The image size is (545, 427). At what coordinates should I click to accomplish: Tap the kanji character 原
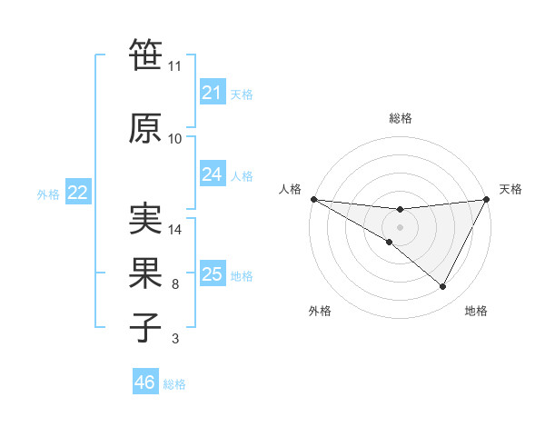pyautogui.click(x=145, y=128)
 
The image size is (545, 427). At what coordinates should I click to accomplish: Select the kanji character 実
pyautogui.click(x=145, y=221)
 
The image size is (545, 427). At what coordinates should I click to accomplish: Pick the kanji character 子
pyautogui.click(x=145, y=327)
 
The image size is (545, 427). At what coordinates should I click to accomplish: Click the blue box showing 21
pyautogui.click(x=212, y=93)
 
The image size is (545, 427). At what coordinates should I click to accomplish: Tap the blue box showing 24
pyautogui.click(x=212, y=174)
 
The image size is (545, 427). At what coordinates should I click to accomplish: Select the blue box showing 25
pyautogui.click(x=212, y=274)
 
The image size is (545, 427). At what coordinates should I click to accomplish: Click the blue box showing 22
pyautogui.click(x=77, y=193)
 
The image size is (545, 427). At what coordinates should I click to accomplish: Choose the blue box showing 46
pyautogui.click(x=145, y=382)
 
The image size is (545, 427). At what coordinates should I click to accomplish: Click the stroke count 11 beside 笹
pyautogui.click(x=174, y=66)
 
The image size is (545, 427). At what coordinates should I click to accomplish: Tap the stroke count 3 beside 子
pyautogui.click(x=174, y=339)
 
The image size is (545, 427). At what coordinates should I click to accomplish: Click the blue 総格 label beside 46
pyautogui.click(x=174, y=383)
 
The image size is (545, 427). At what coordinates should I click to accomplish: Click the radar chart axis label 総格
pyautogui.click(x=400, y=118)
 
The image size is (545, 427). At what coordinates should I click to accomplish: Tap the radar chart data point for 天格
pyautogui.click(x=487, y=200)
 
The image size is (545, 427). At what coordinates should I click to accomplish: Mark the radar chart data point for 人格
pyautogui.click(x=312, y=199)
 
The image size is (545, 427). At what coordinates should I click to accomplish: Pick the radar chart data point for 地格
pyautogui.click(x=443, y=287)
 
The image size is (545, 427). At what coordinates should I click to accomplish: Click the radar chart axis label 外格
pyautogui.click(x=320, y=311)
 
